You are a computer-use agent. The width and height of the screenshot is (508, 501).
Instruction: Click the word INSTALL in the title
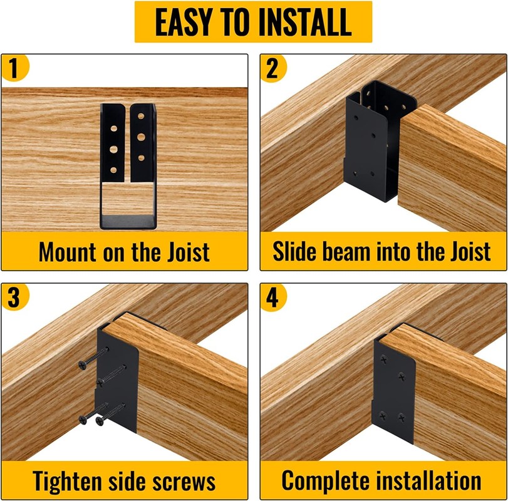point(305,22)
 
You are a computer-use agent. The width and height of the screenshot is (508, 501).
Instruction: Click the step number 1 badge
point(15,68)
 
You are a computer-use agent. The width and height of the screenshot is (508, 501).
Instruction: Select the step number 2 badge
point(273,68)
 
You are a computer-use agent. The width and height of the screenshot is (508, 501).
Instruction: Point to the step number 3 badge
point(15,297)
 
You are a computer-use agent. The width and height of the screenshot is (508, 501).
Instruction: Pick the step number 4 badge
point(273,297)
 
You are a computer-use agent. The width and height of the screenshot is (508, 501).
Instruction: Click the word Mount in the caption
point(68,252)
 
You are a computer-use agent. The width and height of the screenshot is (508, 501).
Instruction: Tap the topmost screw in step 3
point(93,358)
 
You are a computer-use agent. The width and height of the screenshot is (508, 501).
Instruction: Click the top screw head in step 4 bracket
point(383,359)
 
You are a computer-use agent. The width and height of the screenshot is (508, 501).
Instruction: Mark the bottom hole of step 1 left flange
point(113,170)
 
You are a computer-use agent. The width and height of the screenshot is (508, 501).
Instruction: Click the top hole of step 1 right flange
point(141,116)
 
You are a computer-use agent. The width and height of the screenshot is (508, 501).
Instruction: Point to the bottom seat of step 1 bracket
point(128,222)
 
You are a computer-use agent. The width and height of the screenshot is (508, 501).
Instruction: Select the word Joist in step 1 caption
point(189,252)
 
